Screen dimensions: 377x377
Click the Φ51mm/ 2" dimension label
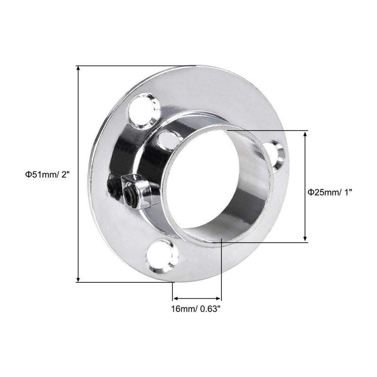click(48, 174)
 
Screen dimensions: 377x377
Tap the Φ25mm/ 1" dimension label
click(330, 192)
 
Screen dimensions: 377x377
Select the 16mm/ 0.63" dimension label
click(196, 309)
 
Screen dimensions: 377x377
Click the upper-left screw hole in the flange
click(144, 111)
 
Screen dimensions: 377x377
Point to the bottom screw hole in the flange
click(162, 256)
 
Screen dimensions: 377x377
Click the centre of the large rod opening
click(205, 179)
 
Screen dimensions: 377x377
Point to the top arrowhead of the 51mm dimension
click(78, 68)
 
